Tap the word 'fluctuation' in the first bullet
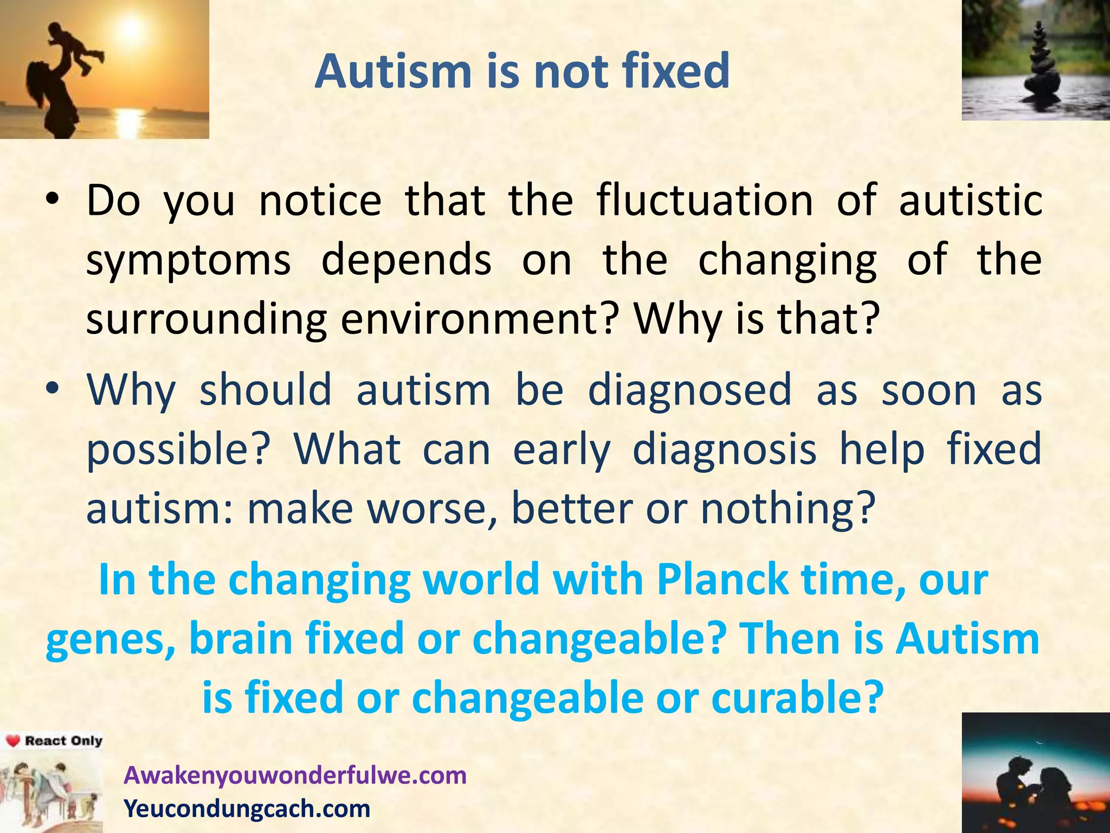705,201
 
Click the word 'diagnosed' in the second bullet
690,390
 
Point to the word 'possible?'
178,450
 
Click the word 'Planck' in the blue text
722,580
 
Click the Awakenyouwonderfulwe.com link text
295,775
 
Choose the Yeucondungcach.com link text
247,808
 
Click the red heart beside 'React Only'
13,741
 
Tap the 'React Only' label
63,741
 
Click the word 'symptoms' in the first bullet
189,260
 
